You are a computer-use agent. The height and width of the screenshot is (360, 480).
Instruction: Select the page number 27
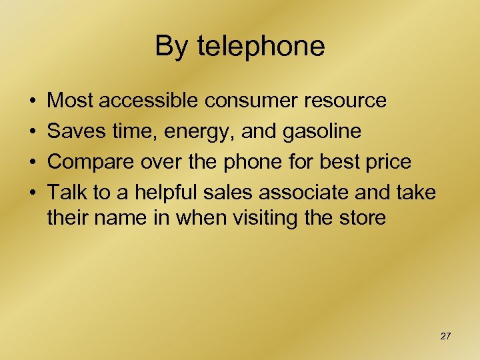tap(445, 336)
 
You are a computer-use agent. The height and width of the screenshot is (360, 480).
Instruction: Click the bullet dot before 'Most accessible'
tap(33, 101)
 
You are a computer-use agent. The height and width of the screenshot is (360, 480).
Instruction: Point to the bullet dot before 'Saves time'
tap(33, 132)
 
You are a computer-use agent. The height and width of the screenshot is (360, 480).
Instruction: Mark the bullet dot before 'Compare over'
tap(33, 163)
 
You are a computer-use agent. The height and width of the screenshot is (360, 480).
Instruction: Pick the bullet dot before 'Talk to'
tap(33, 193)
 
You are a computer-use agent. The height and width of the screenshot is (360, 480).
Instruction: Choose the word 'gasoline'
tap(321, 132)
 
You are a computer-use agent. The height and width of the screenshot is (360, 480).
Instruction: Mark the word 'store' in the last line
tap(363, 217)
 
